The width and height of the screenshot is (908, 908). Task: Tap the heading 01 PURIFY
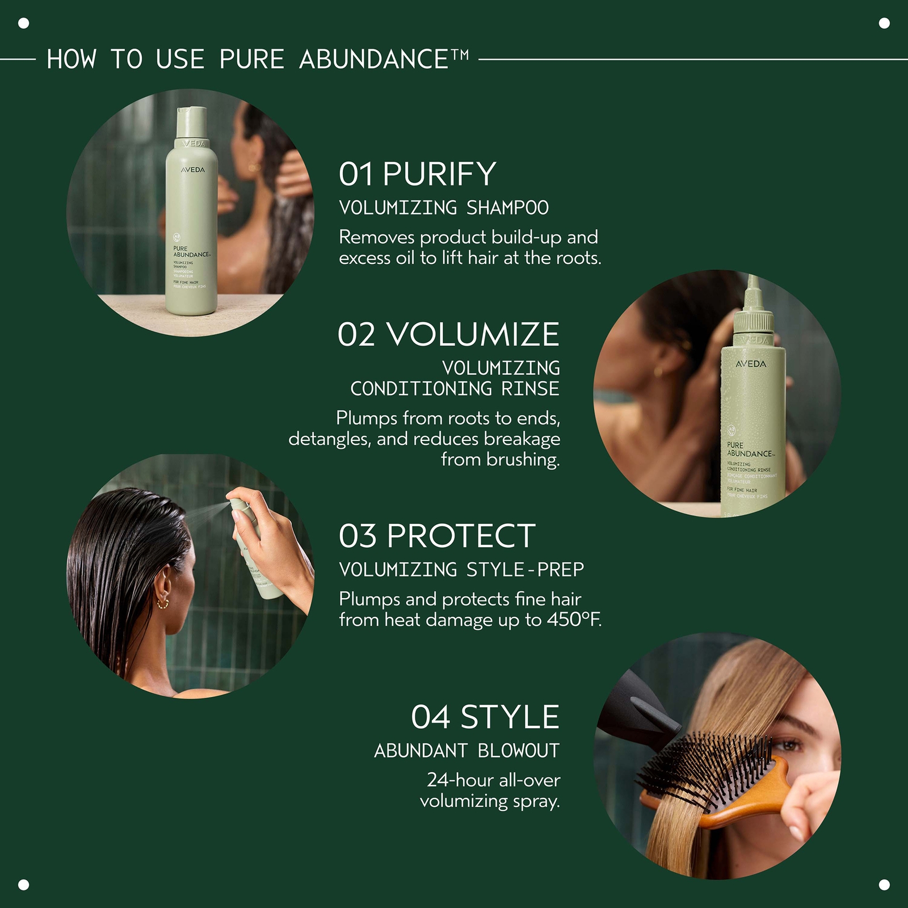click(x=418, y=174)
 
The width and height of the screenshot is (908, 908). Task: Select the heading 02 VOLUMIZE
click(x=448, y=334)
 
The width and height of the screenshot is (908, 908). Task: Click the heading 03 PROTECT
click(x=437, y=536)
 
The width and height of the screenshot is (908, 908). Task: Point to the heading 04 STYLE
click(x=485, y=717)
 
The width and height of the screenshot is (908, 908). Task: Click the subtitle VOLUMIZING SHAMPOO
click(x=444, y=208)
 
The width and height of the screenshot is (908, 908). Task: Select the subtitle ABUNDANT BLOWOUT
click(x=466, y=751)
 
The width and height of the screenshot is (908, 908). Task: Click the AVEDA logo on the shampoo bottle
click(x=193, y=170)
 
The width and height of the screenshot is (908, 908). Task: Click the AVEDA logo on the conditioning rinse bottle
click(x=751, y=364)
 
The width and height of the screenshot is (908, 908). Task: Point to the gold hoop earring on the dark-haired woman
click(x=163, y=602)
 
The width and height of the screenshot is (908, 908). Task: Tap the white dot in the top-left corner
click(x=24, y=23)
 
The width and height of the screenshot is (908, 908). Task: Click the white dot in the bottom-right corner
click(x=884, y=884)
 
